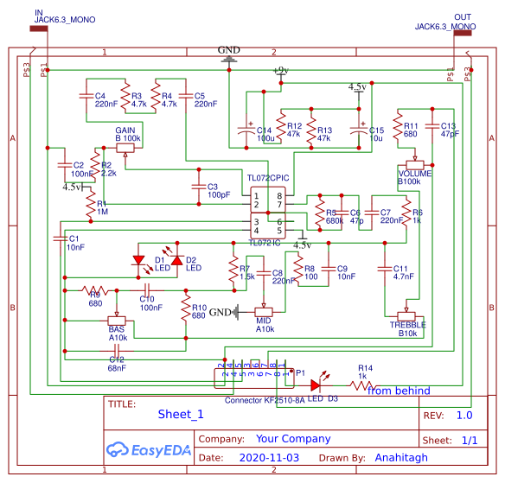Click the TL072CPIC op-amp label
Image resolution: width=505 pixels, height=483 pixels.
[267, 177]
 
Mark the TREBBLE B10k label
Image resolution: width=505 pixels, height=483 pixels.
[407, 328]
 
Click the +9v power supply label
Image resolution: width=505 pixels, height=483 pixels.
[279, 70]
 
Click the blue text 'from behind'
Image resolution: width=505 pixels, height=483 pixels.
[399, 391]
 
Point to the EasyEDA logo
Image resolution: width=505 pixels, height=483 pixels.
[142, 449]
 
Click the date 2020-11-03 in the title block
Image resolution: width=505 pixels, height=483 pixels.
[269, 457]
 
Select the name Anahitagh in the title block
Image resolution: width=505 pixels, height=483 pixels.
[400, 457]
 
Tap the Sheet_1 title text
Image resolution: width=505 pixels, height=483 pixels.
[181, 414]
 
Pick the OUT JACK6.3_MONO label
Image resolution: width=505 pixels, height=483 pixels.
[444, 22]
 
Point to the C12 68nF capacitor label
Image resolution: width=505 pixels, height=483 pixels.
[117, 363]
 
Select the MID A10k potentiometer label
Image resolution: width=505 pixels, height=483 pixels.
[265, 324]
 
